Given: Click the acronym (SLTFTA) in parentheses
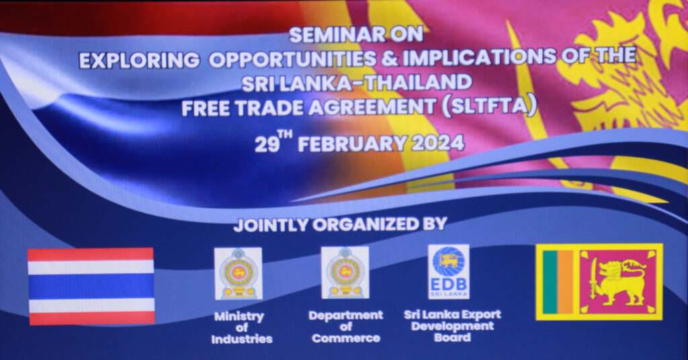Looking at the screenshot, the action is click(489, 107).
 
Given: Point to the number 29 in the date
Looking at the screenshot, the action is click(267, 144).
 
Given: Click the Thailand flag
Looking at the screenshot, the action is click(91, 286).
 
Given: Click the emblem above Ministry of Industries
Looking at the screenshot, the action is click(239, 273).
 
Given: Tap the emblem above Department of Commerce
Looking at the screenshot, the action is click(345, 273).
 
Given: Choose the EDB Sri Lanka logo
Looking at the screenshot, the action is click(448, 272).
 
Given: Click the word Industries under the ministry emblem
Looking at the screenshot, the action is click(242, 339).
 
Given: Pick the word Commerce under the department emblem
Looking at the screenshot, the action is click(346, 338).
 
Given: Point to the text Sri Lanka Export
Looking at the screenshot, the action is click(452, 314).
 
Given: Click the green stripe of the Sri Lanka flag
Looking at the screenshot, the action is click(550, 282).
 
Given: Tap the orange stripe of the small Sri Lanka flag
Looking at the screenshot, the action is click(566, 282).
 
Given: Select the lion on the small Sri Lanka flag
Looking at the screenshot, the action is click(619, 282).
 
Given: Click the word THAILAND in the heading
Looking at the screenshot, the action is click(419, 83).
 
